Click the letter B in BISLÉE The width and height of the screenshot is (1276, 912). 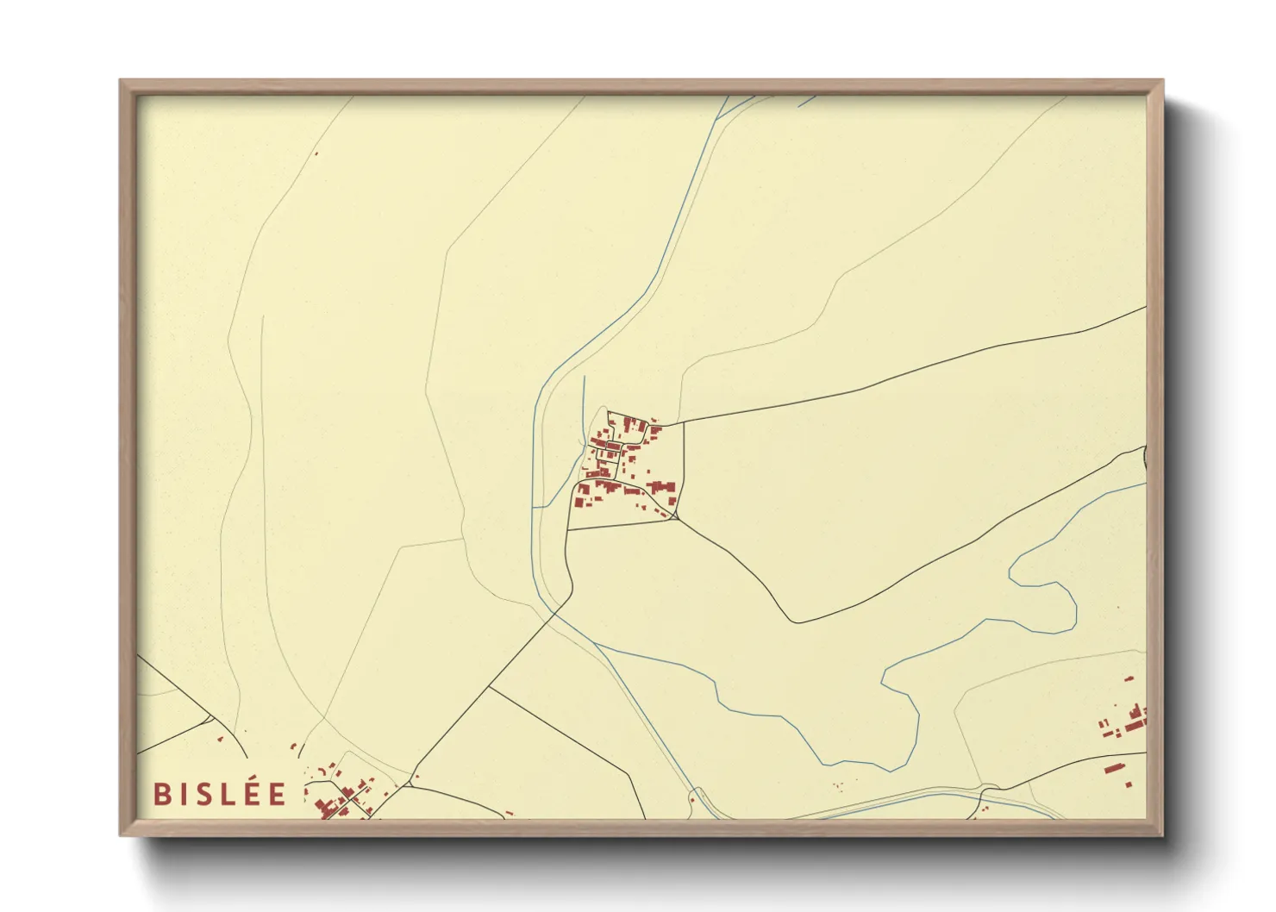160,794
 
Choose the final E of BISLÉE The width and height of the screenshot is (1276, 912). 278,794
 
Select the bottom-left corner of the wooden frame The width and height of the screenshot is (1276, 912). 122,834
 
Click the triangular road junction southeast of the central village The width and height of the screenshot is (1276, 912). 677,517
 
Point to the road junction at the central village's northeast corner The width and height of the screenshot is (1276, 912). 684,422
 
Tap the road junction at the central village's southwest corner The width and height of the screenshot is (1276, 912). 568,528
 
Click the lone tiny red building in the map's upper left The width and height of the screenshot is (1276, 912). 316,154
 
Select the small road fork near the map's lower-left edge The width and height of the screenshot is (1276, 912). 210,717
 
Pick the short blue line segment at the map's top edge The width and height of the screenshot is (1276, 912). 807,101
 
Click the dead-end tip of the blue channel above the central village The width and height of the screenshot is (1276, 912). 585,377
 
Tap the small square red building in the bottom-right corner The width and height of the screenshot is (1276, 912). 1129,784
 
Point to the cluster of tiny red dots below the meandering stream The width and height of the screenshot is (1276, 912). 837,785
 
